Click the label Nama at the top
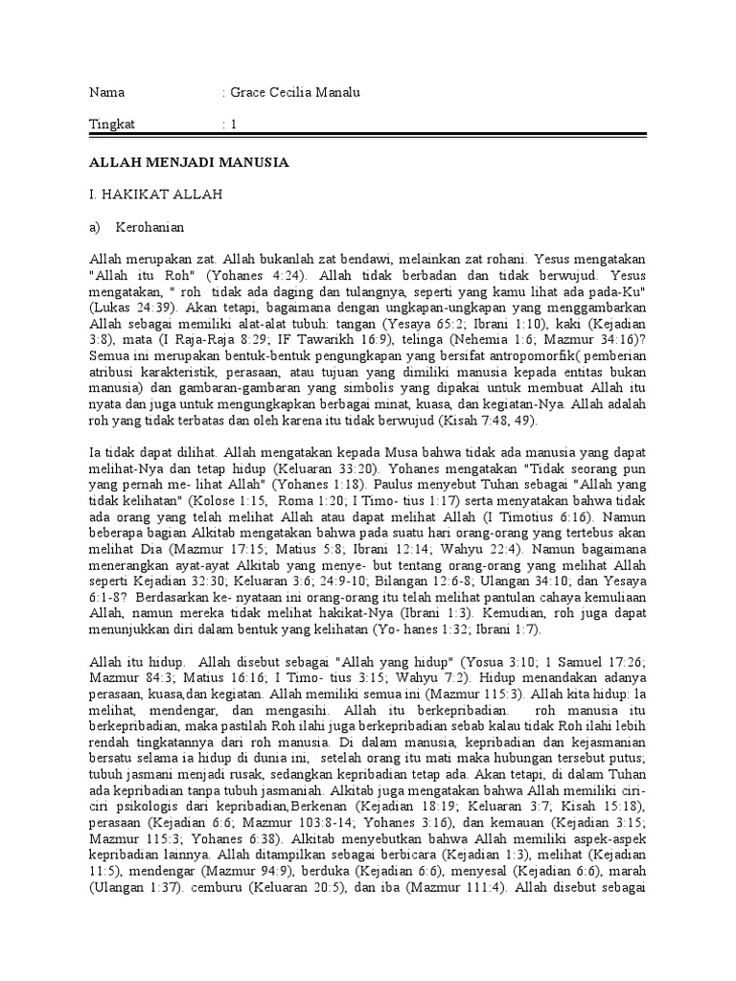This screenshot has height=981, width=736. click(x=106, y=93)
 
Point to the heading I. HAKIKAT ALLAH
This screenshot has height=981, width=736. click(x=155, y=195)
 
